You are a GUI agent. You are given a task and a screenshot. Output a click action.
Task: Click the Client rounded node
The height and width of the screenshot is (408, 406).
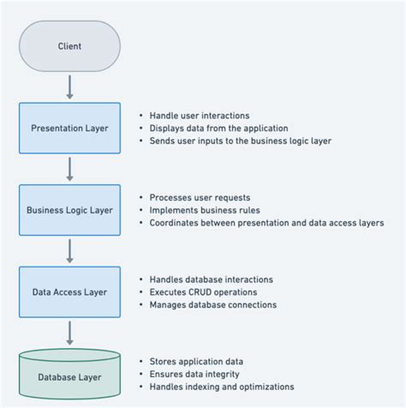pos(70,45)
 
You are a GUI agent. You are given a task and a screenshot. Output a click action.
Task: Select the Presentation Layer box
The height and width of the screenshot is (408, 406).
pos(70,129)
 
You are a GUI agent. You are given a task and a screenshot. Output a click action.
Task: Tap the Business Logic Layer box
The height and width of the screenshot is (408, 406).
pos(70,210)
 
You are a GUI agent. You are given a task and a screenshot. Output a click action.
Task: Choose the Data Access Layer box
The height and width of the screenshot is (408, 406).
pos(70,291)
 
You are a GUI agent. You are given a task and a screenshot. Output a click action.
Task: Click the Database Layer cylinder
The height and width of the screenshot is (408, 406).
pos(70,375)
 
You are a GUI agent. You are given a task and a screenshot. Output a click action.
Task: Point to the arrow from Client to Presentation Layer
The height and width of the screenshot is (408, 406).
pos(70,87)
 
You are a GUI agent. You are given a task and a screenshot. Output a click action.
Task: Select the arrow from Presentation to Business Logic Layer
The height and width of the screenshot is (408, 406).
pos(70,169)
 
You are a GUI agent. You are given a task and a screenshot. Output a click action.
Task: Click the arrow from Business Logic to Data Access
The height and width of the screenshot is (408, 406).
pos(70,250)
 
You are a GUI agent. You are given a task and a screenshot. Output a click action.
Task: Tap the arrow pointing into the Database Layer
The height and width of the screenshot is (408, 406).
pos(70,332)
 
